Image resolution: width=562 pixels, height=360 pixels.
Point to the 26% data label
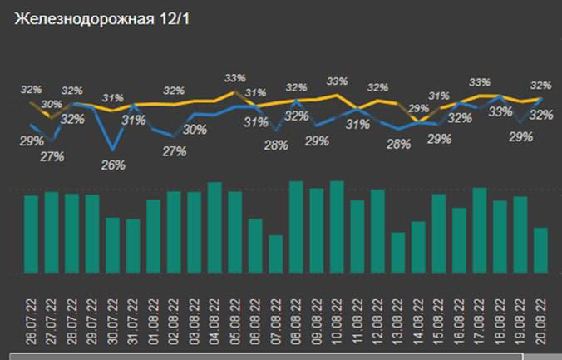point(112,165)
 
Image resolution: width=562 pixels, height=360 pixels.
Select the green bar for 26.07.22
point(32,234)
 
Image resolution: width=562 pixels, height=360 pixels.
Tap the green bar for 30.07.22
point(113,245)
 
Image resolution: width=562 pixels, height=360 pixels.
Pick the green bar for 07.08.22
point(276,254)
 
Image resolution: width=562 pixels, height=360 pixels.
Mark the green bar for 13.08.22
point(398,253)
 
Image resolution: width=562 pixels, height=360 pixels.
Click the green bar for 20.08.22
point(540,250)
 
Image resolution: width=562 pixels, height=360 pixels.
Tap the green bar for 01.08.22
point(154,236)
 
